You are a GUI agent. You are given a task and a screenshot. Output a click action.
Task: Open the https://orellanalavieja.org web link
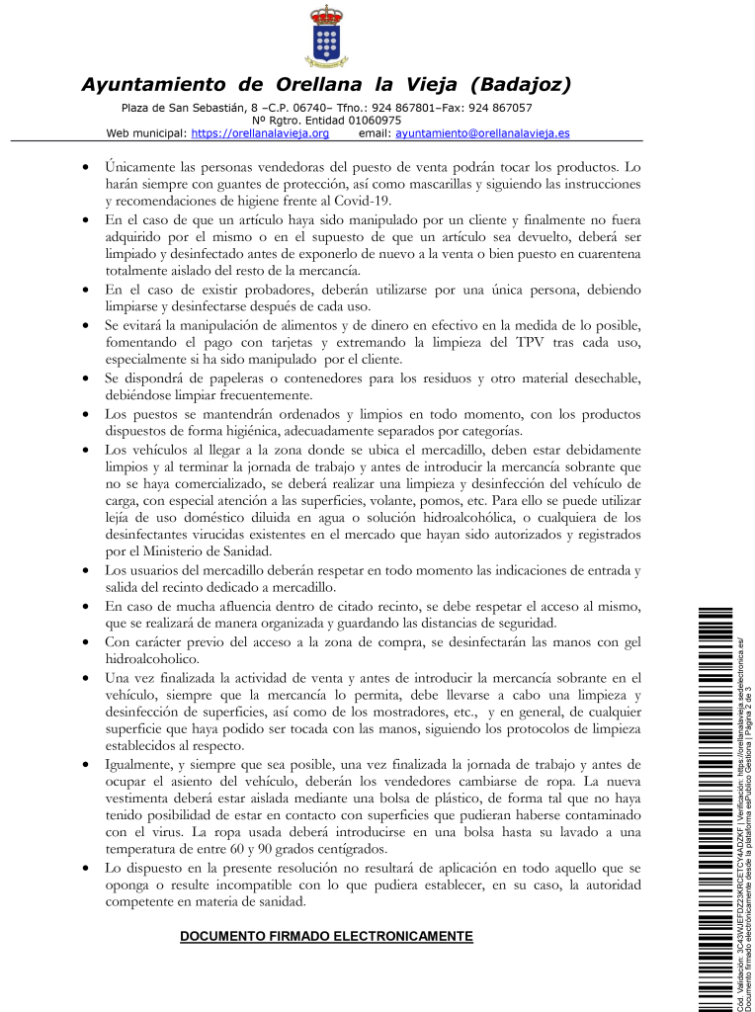click(x=259, y=132)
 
